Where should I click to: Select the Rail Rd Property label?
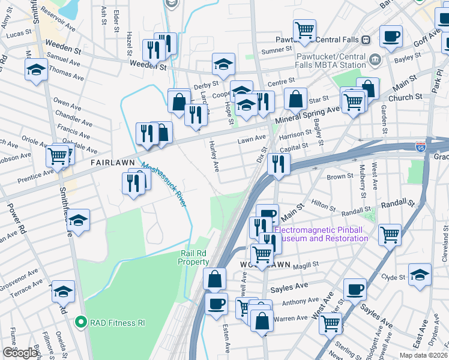click(x=194, y=257)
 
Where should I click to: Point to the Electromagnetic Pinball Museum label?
click(x=321, y=234)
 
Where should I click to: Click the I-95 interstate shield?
click(x=420, y=146)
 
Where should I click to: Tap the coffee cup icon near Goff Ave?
click(x=391, y=37)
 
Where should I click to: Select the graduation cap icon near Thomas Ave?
click(x=36, y=70)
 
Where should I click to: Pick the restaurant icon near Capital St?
click(x=279, y=163)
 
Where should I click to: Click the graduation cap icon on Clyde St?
click(x=420, y=275)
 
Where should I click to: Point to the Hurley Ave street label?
click(x=215, y=155)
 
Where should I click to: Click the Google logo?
click(x=20, y=353)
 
